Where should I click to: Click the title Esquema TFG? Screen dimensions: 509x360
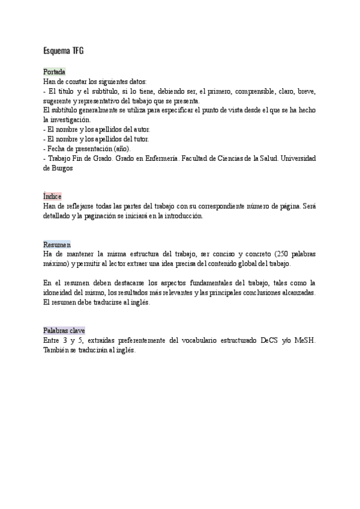click(x=64, y=50)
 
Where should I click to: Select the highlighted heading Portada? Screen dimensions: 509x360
click(x=54, y=71)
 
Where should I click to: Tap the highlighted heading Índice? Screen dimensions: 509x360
click(x=52, y=196)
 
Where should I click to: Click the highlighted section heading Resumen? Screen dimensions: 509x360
click(x=57, y=245)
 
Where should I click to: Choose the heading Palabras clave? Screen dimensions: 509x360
click(x=64, y=331)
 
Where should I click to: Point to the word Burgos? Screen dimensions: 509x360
click(x=62, y=168)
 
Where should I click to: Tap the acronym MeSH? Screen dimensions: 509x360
click(x=305, y=340)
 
